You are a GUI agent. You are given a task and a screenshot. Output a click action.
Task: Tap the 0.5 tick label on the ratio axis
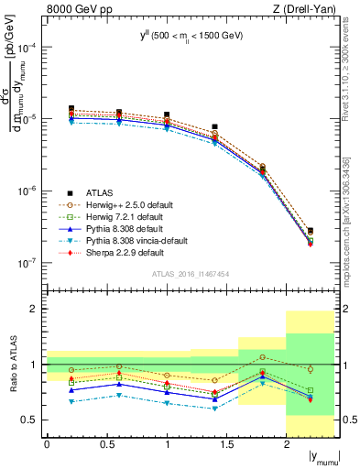[x=32, y=420]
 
